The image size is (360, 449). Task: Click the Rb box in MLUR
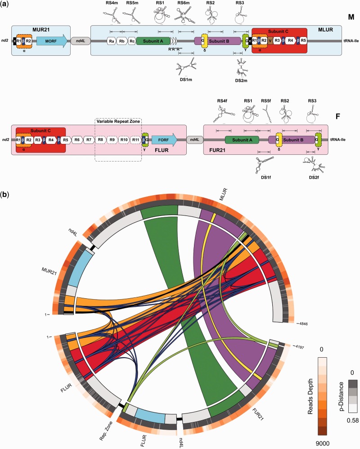122,41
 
